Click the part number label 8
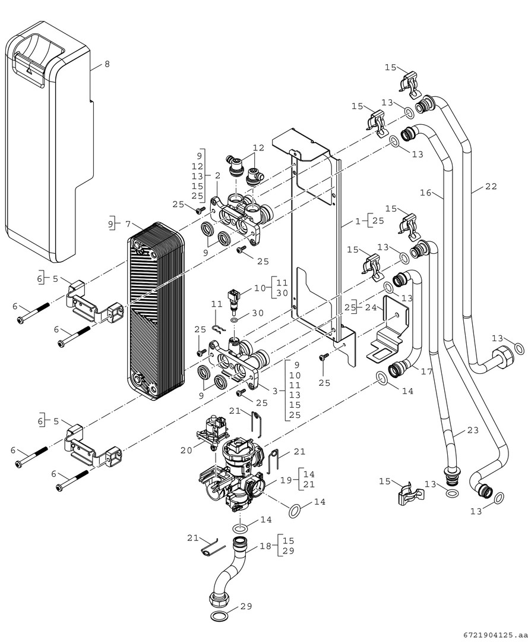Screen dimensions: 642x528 [107, 64]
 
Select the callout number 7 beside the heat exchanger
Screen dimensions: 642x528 [127, 224]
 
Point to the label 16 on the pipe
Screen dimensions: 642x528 [425, 193]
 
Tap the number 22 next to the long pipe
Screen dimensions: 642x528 [491, 186]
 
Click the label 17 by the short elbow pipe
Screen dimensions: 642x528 [426, 372]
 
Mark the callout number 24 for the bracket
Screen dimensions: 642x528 [371, 307]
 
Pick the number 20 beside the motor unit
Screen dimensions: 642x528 [186, 450]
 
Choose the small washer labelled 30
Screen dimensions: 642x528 [236, 320]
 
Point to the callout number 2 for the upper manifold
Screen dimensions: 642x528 [217, 176]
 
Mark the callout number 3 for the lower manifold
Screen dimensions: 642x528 [274, 391]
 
